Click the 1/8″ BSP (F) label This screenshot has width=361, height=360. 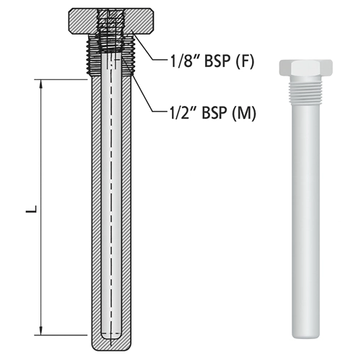[212, 61]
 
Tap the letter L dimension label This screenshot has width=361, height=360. [32, 208]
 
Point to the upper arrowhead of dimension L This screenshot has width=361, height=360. [41, 84]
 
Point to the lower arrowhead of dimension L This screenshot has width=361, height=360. [41, 330]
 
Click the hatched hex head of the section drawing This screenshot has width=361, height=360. [110, 21]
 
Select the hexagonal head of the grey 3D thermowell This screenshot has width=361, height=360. [305, 67]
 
